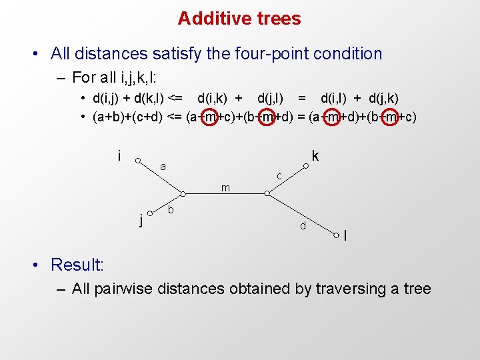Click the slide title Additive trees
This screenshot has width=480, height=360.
(x=239, y=19)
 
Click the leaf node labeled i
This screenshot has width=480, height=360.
(x=137, y=160)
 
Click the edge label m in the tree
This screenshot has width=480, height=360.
(x=225, y=188)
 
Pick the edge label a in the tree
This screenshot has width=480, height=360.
(x=163, y=167)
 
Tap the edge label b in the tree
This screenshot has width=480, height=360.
(x=171, y=211)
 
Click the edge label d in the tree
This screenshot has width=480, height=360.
(x=303, y=227)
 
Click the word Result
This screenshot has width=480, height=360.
(x=77, y=265)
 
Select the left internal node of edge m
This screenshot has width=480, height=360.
(x=182, y=194)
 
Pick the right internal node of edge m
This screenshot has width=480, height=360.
(x=267, y=194)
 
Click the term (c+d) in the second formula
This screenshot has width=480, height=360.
(x=147, y=117)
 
